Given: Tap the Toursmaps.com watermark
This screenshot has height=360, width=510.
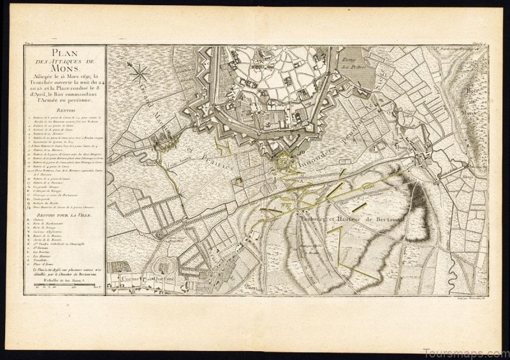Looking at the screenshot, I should point(469,350).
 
